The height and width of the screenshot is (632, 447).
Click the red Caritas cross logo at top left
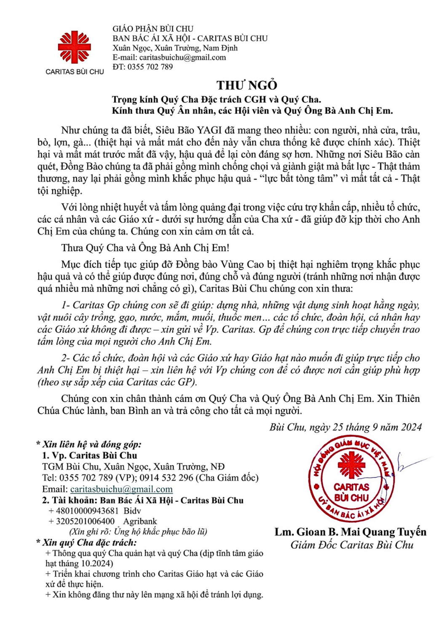pos(74,47)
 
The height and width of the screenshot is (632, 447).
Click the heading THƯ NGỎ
pos(247,85)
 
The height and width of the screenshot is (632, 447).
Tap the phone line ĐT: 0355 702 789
pos(142,67)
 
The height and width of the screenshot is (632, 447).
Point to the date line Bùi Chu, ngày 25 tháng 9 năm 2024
pos(345,427)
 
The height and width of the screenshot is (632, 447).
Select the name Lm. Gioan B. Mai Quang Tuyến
pos(351,532)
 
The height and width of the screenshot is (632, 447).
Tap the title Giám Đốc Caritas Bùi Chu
pos(352,545)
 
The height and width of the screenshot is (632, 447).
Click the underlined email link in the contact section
pos(121,489)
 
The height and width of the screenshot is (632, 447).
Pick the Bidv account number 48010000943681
pos(87,511)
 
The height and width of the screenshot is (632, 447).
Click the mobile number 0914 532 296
pos(166,478)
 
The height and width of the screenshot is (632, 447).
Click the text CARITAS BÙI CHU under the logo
pos(75,72)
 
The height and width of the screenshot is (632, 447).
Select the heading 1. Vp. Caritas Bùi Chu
pos(90,455)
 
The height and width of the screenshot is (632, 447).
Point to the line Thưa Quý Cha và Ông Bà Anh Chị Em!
pos(145,248)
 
